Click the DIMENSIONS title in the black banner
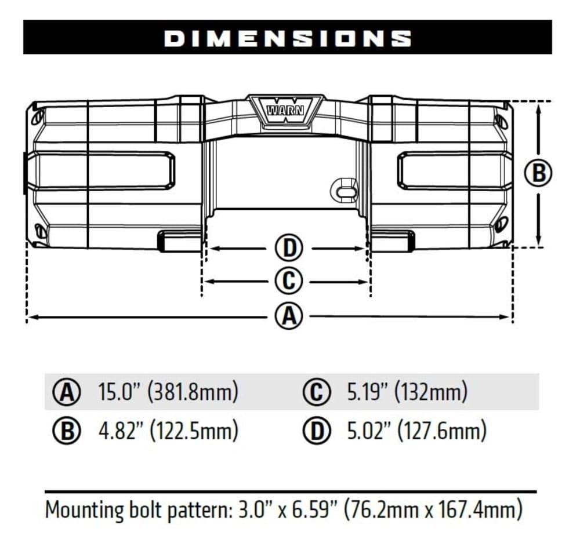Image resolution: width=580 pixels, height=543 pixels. pyautogui.click(x=288, y=38)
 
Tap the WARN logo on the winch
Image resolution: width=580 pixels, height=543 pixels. pyautogui.click(x=285, y=110)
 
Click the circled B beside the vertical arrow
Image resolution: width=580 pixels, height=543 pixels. pyautogui.click(x=538, y=173)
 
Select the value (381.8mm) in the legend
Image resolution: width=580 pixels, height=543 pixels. pyautogui.click(x=192, y=392)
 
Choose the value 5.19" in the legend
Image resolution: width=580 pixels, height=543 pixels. pyautogui.click(x=368, y=392)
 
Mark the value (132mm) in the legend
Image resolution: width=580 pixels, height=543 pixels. pyautogui.click(x=431, y=392)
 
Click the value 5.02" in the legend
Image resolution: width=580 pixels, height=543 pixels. pyautogui.click(x=368, y=431)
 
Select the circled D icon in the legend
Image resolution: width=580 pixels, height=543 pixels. pyautogui.click(x=317, y=431)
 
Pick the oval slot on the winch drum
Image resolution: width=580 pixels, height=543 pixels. pyautogui.click(x=345, y=191)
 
